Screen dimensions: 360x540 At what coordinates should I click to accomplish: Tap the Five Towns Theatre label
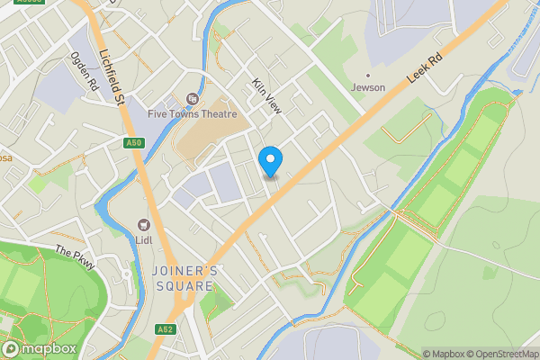[193, 114]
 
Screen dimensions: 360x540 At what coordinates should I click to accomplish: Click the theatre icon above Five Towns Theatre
[192, 98]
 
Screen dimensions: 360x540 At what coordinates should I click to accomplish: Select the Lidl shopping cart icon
[143, 224]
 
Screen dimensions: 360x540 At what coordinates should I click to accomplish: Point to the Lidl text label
[143, 240]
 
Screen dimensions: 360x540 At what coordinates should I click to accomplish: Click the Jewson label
[367, 87]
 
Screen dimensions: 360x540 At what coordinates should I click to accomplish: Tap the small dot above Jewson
[367, 75]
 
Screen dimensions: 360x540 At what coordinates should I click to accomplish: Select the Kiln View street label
[267, 94]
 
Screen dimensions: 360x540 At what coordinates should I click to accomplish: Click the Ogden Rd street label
[85, 70]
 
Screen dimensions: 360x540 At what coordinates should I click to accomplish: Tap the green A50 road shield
[135, 142]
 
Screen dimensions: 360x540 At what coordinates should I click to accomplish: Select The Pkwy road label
[75, 258]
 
